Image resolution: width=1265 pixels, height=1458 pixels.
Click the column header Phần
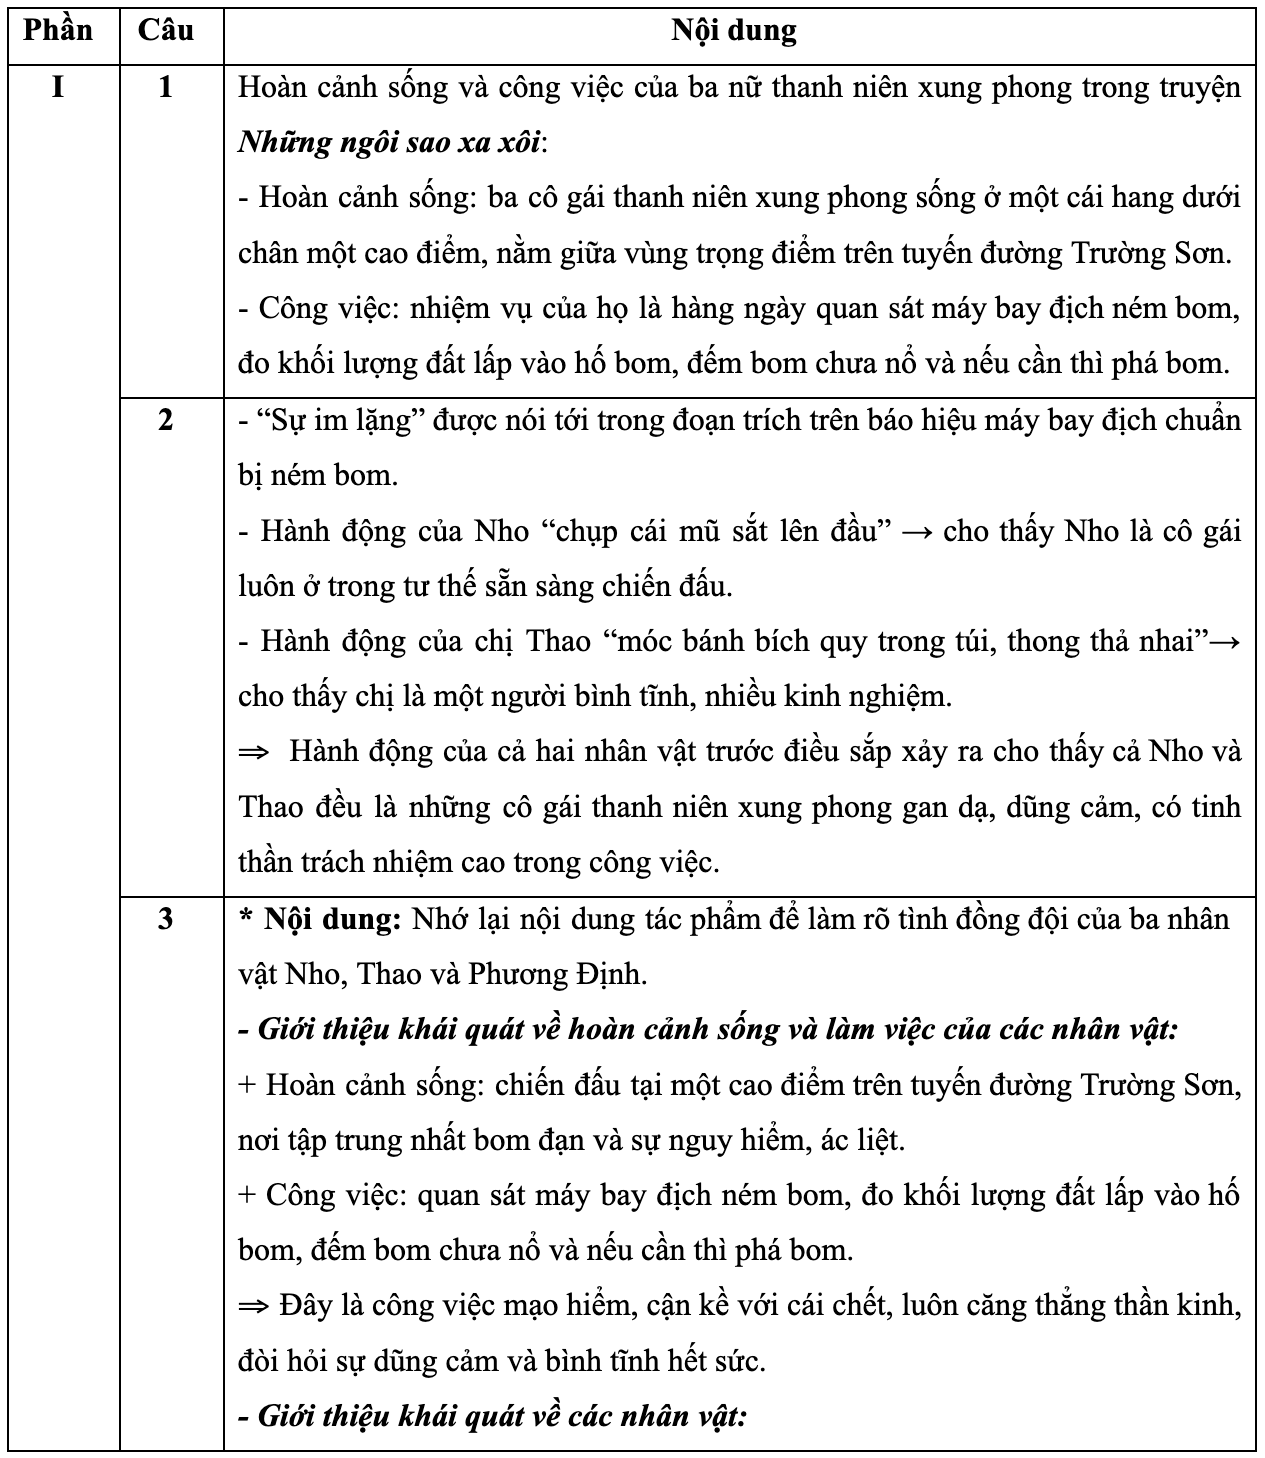click(x=58, y=30)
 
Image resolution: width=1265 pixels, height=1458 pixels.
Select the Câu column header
click(x=166, y=30)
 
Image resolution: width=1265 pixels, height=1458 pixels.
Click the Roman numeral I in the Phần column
click(x=58, y=88)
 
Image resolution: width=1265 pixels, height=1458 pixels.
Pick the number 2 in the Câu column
click(x=166, y=420)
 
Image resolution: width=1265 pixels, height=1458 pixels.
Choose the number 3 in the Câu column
click(x=166, y=918)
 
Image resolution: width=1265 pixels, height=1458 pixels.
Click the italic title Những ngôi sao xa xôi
click(x=390, y=143)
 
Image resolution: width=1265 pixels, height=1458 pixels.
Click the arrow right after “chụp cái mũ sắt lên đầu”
click(x=916, y=531)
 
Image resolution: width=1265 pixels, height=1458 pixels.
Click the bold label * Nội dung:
click(x=320, y=919)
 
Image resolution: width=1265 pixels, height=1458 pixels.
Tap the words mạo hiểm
click(x=580, y=1306)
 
